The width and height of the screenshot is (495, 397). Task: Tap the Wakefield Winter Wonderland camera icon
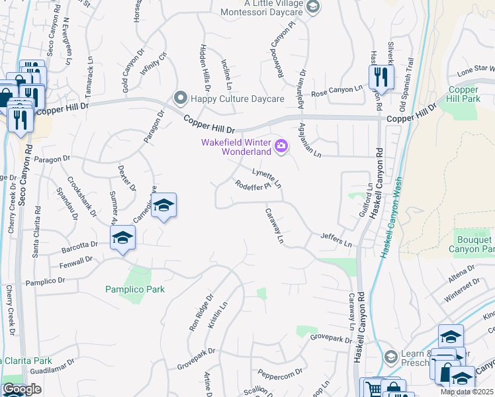tap(282, 146)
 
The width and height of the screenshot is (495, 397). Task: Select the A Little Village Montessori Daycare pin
tap(314, 7)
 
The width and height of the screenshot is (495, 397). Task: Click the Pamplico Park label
tap(135, 289)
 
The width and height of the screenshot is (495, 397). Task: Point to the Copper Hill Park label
tap(463, 93)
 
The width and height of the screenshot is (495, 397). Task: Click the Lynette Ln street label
tap(267, 177)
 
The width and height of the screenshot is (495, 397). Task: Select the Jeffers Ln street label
tap(336, 239)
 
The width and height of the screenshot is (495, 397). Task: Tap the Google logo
tap(21, 389)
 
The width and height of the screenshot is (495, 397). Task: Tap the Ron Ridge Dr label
tap(201, 314)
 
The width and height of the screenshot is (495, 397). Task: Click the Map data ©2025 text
tap(467, 392)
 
